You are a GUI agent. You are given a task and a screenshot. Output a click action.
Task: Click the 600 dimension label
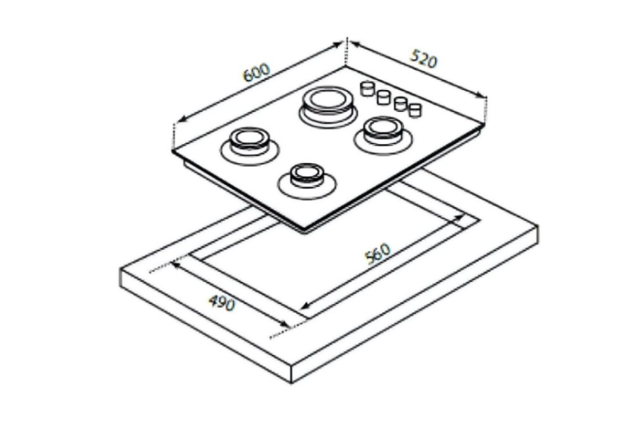point(257,72)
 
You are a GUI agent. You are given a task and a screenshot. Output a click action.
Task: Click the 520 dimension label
point(424,58)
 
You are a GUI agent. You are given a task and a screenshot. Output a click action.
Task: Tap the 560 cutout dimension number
point(378,253)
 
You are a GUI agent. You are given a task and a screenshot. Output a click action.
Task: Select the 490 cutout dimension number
point(222,302)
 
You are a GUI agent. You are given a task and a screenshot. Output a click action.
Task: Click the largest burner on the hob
point(328,106)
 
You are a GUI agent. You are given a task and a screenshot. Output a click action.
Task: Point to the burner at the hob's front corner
point(306,181)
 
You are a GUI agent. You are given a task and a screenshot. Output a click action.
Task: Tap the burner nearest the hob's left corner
point(249,146)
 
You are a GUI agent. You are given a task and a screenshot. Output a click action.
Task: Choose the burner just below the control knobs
point(382,134)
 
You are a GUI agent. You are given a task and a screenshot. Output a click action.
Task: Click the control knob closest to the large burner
point(367,89)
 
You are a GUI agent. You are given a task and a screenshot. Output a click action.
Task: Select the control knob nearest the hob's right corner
point(415,110)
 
